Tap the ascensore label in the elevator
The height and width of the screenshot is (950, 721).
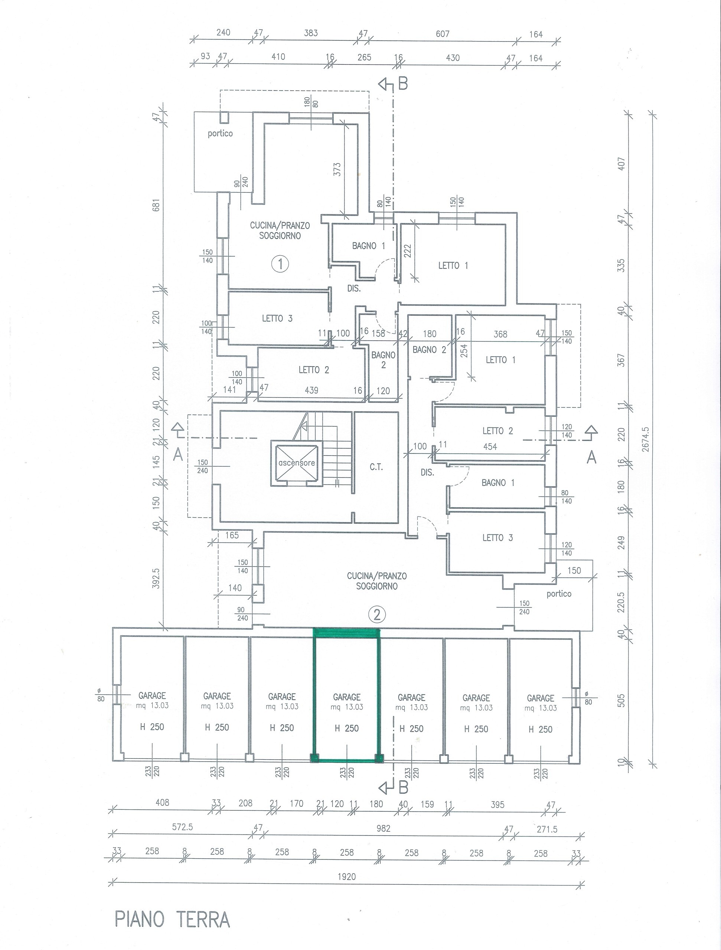coord(297,463)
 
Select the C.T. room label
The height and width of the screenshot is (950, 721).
coord(376,467)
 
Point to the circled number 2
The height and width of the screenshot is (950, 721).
coord(377,615)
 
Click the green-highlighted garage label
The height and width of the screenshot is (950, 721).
coord(347,697)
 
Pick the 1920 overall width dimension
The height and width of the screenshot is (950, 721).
coord(347,877)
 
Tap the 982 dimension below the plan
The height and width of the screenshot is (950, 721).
coord(383,828)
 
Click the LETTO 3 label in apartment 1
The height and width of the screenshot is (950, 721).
coord(277,318)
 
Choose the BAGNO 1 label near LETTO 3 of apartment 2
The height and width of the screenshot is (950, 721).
coord(498,483)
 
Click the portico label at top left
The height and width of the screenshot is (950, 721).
coord(220,134)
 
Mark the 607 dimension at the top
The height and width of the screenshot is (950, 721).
coord(443,33)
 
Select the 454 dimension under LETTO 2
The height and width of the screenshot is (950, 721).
coord(490,447)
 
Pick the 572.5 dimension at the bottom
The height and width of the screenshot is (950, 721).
coord(182,827)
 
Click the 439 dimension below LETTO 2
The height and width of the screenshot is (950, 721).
coord(311,390)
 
